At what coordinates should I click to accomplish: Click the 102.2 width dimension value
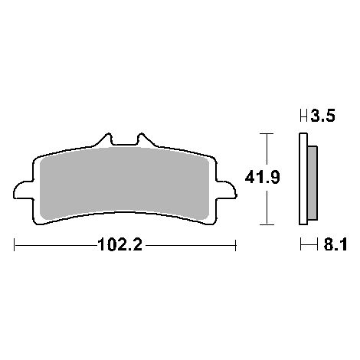(x=119, y=245)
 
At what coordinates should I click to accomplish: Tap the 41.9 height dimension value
(x=262, y=177)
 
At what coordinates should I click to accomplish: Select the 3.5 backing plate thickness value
(x=322, y=116)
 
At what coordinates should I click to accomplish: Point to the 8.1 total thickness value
(x=335, y=245)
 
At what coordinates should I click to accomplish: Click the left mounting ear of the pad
(x=23, y=190)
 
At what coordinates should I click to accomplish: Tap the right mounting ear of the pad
(x=226, y=190)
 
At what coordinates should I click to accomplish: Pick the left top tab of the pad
(x=104, y=139)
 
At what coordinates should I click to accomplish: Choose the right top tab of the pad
(x=146, y=139)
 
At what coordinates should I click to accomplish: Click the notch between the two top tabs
(x=125, y=145)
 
